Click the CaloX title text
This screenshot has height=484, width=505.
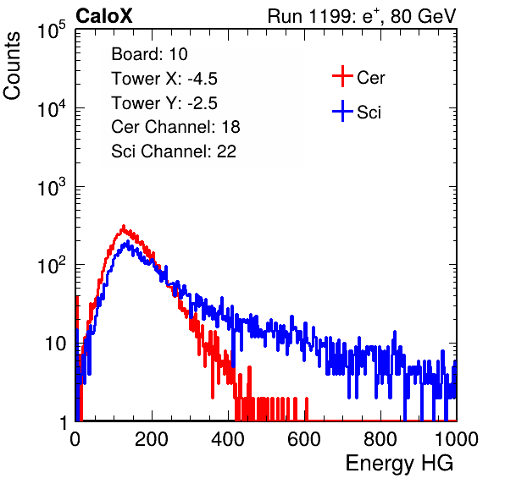pyautogui.click(x=103, y=16)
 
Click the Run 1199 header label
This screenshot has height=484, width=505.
pyautogui.click(x=362, y=16)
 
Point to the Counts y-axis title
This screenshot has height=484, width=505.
pyautogui.click(x=12, y=66)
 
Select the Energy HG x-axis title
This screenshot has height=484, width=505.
pyautogui.click(x=399, y=464)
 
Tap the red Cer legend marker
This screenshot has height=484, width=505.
pyautogui.click(x=342, y=76)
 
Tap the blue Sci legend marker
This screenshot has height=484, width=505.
pyautogui.click(x=342, y=111)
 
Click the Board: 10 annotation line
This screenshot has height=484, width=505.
pyautogui.click(x=149, y=54)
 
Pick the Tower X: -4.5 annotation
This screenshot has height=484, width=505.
pyautogui.click(x=164, y=79)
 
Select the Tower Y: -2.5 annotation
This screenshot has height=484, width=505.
pyautogui.click(x=164, y=103)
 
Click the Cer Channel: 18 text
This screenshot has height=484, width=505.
pyautogui.click(x=175, y=127)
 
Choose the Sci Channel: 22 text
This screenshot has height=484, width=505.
pyautogui.click(x=174, y=151)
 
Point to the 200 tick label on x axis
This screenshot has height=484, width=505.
pyautogui.click(x=152, y=439)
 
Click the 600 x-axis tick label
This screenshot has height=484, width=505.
pyautogui.click(x=304, y=439)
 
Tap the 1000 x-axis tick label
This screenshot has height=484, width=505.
pyautogui.click(x=457, y=439)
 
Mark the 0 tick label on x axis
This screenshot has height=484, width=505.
pyautogui.click(x=75, y=439)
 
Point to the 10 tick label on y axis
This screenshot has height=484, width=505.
pyautogui.click(x=55, y=344)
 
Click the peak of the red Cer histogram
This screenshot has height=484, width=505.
pyautogui.click(x=124, y=227)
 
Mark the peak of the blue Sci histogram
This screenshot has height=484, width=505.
pyautogui.click(x=128, y=242)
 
